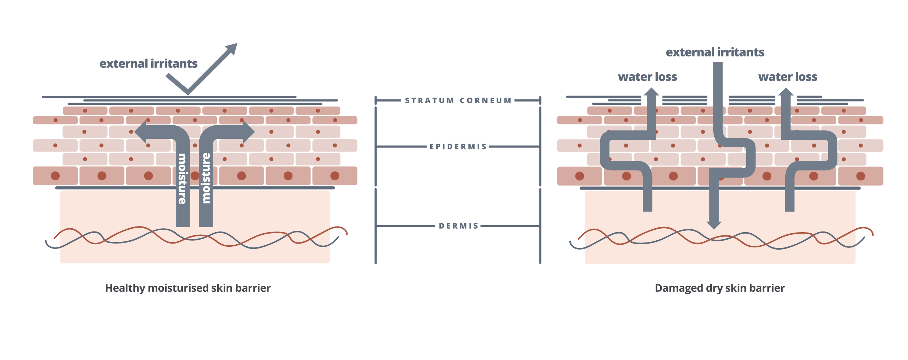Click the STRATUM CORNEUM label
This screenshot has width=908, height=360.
tap(458, 100)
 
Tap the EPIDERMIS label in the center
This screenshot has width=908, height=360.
tap(458, 147)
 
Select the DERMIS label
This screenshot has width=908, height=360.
tap(459, 226)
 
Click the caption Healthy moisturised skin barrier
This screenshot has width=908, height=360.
tap(188, 288)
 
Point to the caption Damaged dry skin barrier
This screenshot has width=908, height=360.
tap(720, 288)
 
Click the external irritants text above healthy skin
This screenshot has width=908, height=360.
tap(148, 64)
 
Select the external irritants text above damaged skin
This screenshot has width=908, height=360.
tap(715, 53)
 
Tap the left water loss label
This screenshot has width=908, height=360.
tap(647, 77)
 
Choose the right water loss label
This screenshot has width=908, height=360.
tap(788, 77)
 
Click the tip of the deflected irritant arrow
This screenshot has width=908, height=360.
tap(237, 43)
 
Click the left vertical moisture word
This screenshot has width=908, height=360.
tap(182, 179)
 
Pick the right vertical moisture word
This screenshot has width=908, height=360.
tap(206, 178)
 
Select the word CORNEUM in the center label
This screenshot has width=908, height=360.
tap(486, 100)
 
